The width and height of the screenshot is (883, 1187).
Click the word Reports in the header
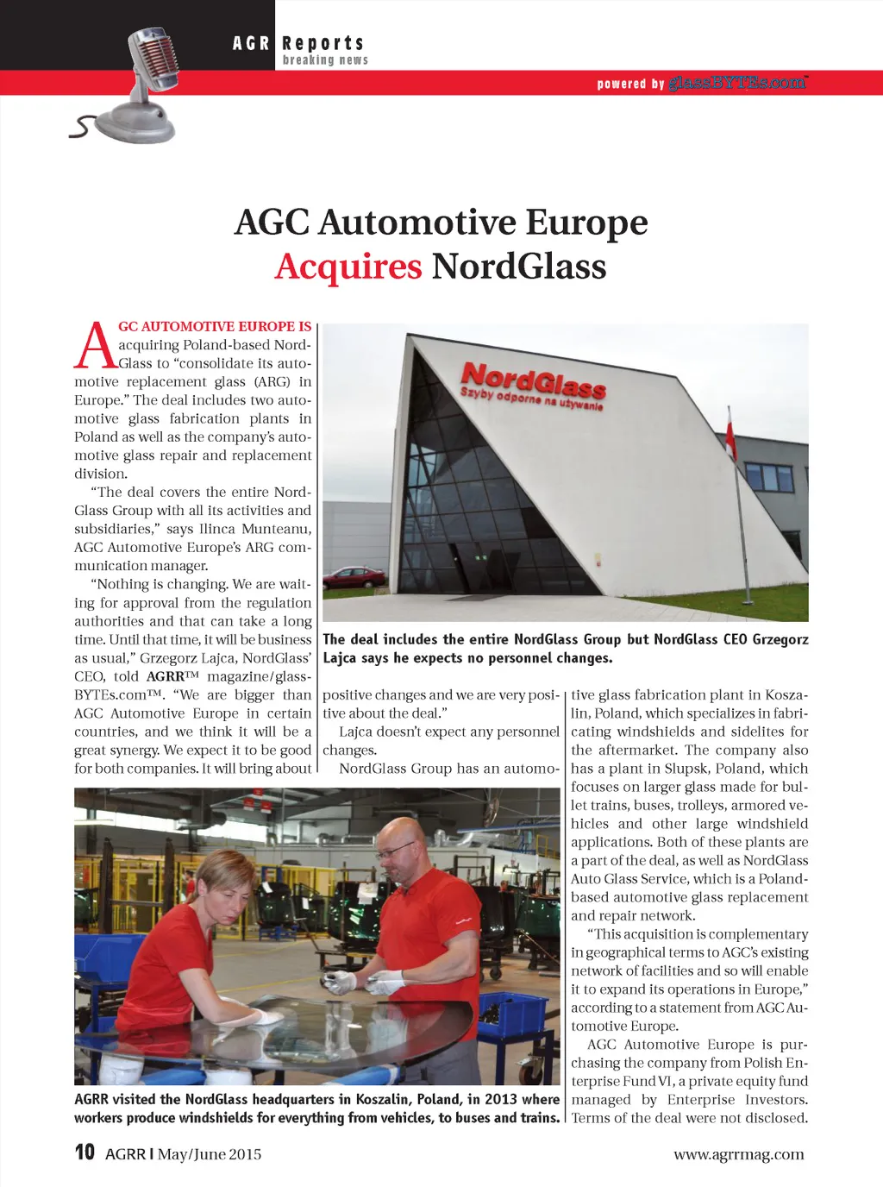[x=323, y=43]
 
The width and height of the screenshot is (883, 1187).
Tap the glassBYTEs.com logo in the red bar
[x=738, y=83]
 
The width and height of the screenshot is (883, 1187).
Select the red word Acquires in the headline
[x=348, y=266]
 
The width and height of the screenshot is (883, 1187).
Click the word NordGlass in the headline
[x=519, y=266]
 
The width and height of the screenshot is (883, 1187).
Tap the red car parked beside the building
[x=354, y=576]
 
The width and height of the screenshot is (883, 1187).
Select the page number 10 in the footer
[x=85, y=1152]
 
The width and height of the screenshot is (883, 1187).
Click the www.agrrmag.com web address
[x=738, y=1154]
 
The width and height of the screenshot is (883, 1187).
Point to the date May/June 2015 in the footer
[x=210, y=1154]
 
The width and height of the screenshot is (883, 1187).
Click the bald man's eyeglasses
[x=396, y=851]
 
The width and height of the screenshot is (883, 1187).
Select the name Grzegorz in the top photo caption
[x=780, y=639]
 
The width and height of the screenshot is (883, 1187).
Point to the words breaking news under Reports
[x=325, y=60]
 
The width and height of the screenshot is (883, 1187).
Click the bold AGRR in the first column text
[x=166, y=676]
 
